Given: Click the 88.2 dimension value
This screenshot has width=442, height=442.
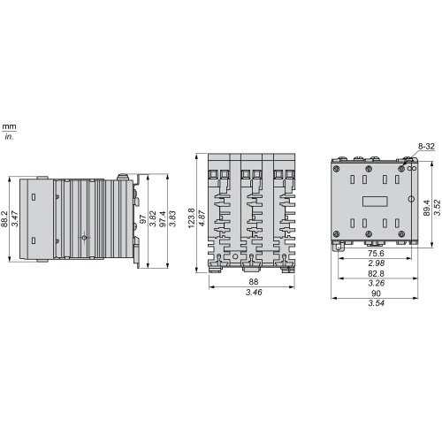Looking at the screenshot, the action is tap(4, 218).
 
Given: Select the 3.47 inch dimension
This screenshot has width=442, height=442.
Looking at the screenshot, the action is tap(15, 218).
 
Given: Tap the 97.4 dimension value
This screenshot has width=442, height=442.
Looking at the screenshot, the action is tap(163, 218).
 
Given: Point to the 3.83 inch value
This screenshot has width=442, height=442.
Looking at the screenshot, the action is tap(172, 218).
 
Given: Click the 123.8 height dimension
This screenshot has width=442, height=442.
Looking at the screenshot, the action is tap(191, 218).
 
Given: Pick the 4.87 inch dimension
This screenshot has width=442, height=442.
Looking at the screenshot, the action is tap(202, 218).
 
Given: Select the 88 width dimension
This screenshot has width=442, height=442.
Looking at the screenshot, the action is tap(254, 282).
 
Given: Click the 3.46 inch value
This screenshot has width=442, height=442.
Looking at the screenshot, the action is tap(254, 293).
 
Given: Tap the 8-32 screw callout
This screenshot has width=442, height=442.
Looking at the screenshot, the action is tap(426, 146).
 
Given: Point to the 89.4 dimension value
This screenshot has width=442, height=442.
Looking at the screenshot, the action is tap(427, 208).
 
